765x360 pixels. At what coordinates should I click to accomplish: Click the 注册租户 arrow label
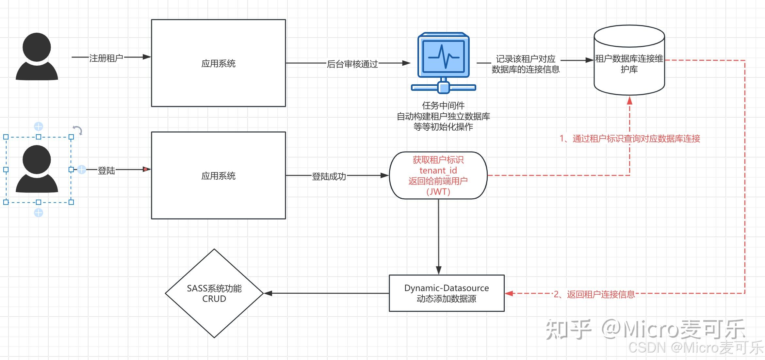pyautogui.click(x=106, y=58)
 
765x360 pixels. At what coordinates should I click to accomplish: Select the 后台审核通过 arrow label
pyautogui.click(x=352, y=64)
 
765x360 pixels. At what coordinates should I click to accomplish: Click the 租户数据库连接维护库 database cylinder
pyautogui.click(x=629, y=60)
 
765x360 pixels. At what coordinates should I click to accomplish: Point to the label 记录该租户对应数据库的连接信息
pyautogui.click(x=526, y=64)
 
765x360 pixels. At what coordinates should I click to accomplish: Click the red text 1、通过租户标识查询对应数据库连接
pyautogui.click(x=630, y=139)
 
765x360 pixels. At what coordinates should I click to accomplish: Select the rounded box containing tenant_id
pyautogui.click(x=438, y=175)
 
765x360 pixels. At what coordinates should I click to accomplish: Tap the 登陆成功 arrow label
pyautogui.click(x=329, y=176)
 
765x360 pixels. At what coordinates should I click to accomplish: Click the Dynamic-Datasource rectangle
pyautogui.click(x=447, y=293)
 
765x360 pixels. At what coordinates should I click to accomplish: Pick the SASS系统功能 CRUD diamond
pyautogui.click(x=214, y=293)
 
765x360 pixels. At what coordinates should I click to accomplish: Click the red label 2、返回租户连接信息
pyautogui.click(x=594, y=294)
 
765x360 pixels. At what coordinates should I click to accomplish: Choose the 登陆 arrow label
pyautogui.click(x=106, y=170)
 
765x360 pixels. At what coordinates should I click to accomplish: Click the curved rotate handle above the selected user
pyautogui.click(x=77, y=130)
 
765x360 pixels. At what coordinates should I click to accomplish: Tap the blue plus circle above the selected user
pyautogui.click(x=39, y=126)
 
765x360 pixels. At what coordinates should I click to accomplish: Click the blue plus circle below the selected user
pyautogui.click(x=39, y=213)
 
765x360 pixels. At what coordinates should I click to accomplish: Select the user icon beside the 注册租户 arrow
pyautogui.click(x=37, y=56)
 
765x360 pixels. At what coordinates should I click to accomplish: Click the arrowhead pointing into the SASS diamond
pyautogui.click(x=268, y=293)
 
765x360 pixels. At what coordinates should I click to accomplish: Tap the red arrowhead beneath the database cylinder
pyautogui.click(x=629, y=100)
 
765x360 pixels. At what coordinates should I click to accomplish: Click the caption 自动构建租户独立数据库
pyautogui.click(x=443, y=116)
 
